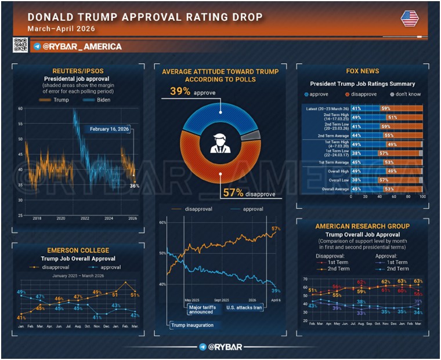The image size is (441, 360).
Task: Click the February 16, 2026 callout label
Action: tap(109, 129)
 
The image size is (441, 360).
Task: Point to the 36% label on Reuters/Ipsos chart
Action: tap(134, 186)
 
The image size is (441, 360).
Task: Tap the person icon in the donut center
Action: tap(220, 143)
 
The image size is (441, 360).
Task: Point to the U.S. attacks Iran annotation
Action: tap(244, 307)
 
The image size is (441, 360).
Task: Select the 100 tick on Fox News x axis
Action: tap(422, 197)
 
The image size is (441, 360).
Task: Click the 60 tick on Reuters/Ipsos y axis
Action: tap(20, 108)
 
